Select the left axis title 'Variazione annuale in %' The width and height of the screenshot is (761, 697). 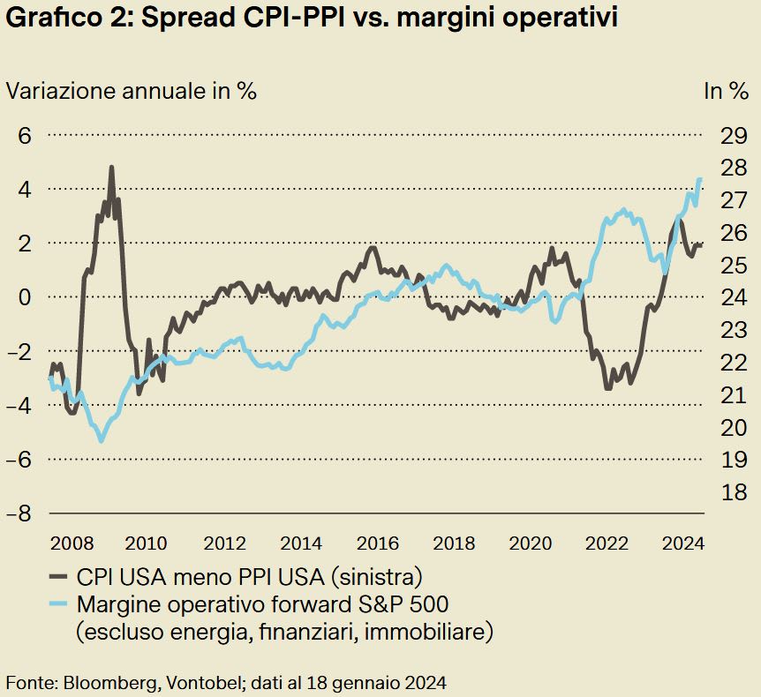point(132,91)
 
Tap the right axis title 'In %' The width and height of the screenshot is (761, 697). point(725,91)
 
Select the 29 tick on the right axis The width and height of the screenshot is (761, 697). point(733,136)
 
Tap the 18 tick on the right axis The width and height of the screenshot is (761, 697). point(733,491)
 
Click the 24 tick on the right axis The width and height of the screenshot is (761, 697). point(733,297)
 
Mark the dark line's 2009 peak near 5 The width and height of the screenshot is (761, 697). point(111,167)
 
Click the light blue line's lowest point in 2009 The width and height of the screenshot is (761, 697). point(102,440)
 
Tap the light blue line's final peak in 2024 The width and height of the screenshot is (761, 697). point(700,180)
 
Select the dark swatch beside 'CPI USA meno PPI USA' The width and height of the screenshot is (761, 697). point(58,578)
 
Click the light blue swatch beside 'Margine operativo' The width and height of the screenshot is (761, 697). point(58,605)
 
